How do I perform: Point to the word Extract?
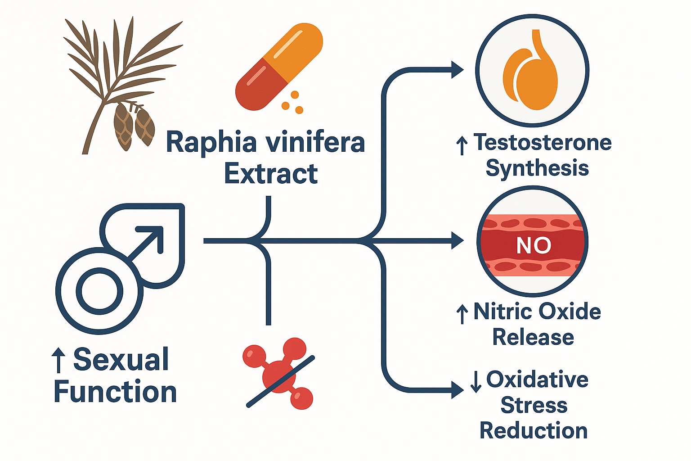pyautogui.click(x=271, y=174)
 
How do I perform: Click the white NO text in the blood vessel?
pyautogui.click(x=534, y=245)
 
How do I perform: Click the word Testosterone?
pyautogui.click(x=543, y=142)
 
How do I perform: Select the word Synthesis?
pyautogui.click(x=537, y=168)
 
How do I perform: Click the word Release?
pyautogui.click(x=533, y=337)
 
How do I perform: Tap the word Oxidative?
pyautogui.click(x=537, y=380)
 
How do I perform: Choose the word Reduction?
pyautogui.click(x=534, y=431)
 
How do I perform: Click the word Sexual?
pyautogui.click(x=121, y=360)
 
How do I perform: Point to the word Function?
pyautogui.click(x=115, y=392)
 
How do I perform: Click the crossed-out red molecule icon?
pyautogui.click(x=279, y=374)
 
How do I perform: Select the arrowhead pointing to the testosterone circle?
pyautogui.click(x=457, y=70)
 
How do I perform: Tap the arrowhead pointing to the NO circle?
pyautogui.click(x=457, y=241)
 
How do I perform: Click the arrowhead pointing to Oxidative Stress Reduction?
pyautogui.click(x=457, y=390)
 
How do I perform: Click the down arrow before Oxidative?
pyautogui.click(x=476, y=381)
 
